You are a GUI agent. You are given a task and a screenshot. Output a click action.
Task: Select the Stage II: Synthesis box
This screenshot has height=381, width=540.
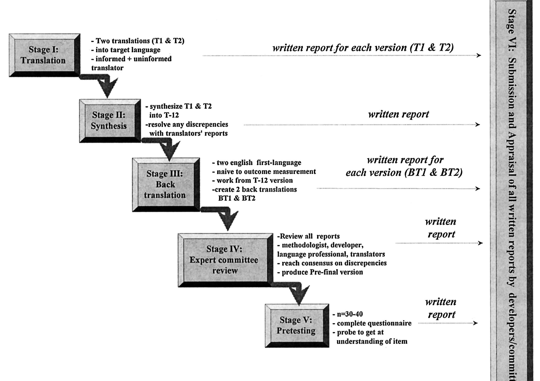[109, 120]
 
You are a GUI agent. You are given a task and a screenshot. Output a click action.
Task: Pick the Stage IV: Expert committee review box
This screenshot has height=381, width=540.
[224, 260]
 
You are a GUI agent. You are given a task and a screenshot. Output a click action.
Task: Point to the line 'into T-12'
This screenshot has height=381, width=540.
[164, 115]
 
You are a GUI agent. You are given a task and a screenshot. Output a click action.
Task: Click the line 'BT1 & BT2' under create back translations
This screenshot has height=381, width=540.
[237, 198]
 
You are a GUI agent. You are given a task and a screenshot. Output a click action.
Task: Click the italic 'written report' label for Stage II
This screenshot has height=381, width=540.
[398, 114]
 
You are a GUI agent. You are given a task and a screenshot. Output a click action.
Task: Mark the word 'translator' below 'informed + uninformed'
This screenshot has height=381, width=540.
[107, 68]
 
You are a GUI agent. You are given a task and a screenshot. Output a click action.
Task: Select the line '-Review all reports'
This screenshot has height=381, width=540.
[308, 236]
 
